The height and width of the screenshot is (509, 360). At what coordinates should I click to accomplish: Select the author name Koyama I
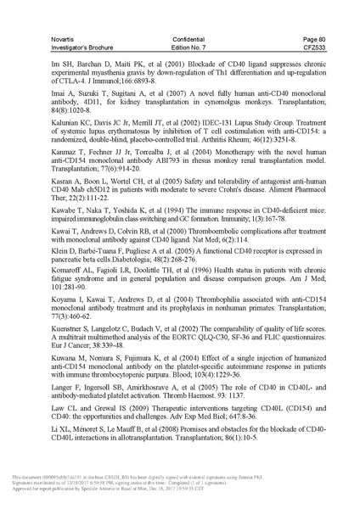[x=74, y=319]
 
